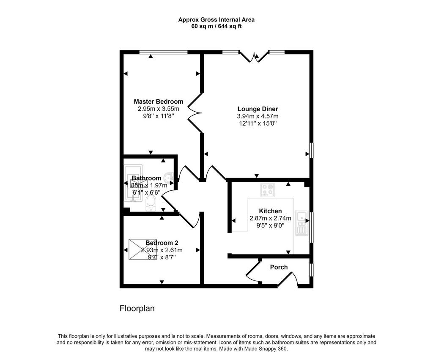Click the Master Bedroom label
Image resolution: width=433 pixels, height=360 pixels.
(159, 102)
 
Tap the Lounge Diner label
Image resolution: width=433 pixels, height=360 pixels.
(258, 109)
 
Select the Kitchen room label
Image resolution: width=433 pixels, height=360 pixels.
(270, 211)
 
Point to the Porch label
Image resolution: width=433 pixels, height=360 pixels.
(279, 267)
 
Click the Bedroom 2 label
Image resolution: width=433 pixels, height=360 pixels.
(162, 243)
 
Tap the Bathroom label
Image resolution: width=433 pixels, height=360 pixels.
(146, 178)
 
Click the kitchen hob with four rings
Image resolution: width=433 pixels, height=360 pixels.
(267, 190)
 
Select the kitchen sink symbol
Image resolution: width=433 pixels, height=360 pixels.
(302, 223)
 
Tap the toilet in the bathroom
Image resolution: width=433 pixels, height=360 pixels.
(151, 203)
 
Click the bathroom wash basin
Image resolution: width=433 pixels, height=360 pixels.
(168, 177)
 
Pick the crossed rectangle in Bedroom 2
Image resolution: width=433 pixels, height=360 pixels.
(143, 250)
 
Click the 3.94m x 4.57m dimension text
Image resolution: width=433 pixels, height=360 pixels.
(258, 116)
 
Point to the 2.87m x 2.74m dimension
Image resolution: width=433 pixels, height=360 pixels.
(270, 218)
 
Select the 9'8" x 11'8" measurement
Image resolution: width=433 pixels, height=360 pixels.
(159, 116)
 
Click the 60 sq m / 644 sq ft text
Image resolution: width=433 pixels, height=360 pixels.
(216, 27)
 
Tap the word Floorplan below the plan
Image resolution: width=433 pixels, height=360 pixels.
(137, 308)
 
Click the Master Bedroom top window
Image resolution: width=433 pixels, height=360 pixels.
(164, 52)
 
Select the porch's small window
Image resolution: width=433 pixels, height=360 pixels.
(311, 269)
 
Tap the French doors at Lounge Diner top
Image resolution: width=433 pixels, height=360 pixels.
(254, 57)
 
